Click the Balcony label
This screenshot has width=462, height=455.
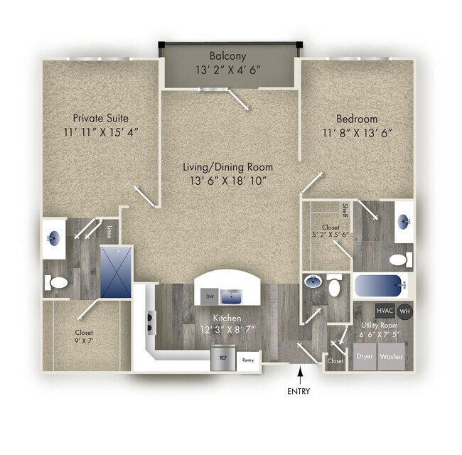coord(227,55)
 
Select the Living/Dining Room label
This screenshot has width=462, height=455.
coord(227,167)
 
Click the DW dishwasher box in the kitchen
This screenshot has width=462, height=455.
coord(209,296)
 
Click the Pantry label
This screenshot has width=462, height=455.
coord(247,360)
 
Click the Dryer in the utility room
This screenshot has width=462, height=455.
coord(365,356)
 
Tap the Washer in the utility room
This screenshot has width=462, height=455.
coord(392,356)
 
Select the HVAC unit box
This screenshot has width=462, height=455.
coord(385,311)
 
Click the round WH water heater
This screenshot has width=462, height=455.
coord(405,311)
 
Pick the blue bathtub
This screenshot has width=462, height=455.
coord(380,287)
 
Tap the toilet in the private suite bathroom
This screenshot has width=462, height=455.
coord(58,283)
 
